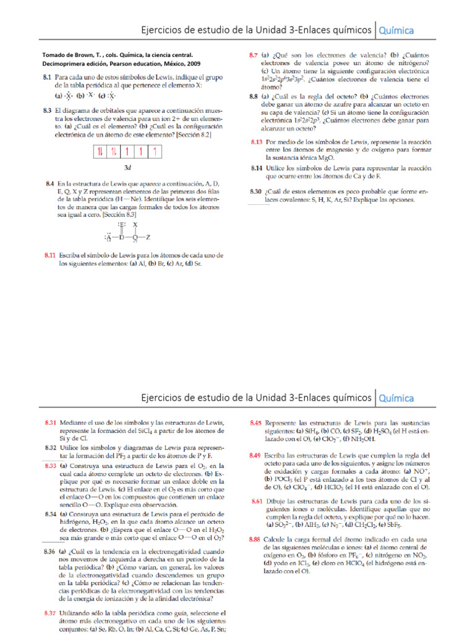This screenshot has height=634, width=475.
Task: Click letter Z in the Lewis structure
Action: click(x=148, y=237)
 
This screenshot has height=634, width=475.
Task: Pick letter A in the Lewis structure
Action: click(x=108, y=237)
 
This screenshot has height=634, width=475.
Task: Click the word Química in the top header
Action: click(x=396, y=30)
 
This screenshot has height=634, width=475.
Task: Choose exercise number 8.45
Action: click(x=255, y=423)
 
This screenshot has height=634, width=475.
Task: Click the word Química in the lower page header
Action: click(x=396, y=398)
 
